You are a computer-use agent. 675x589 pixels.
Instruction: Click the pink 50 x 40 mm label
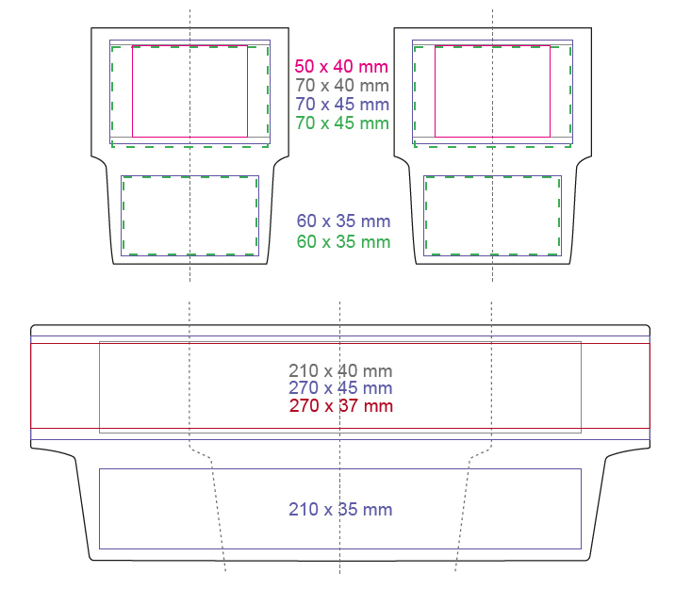(341, 67)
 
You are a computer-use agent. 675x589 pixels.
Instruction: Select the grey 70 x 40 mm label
(342, 86)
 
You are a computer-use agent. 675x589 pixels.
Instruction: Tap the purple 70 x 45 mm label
(342, 104)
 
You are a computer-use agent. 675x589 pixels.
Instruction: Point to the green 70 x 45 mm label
(342, 123)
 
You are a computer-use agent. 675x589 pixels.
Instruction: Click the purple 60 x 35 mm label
(343, 221)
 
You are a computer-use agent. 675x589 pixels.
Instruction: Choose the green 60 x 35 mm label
(343, 242)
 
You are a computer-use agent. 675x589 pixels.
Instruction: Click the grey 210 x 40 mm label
(340, 371)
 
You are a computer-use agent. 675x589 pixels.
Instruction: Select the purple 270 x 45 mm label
(340, 388)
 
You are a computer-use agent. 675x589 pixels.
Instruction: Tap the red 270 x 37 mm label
(341, 406)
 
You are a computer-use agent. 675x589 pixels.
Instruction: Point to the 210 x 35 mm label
(340, 510)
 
